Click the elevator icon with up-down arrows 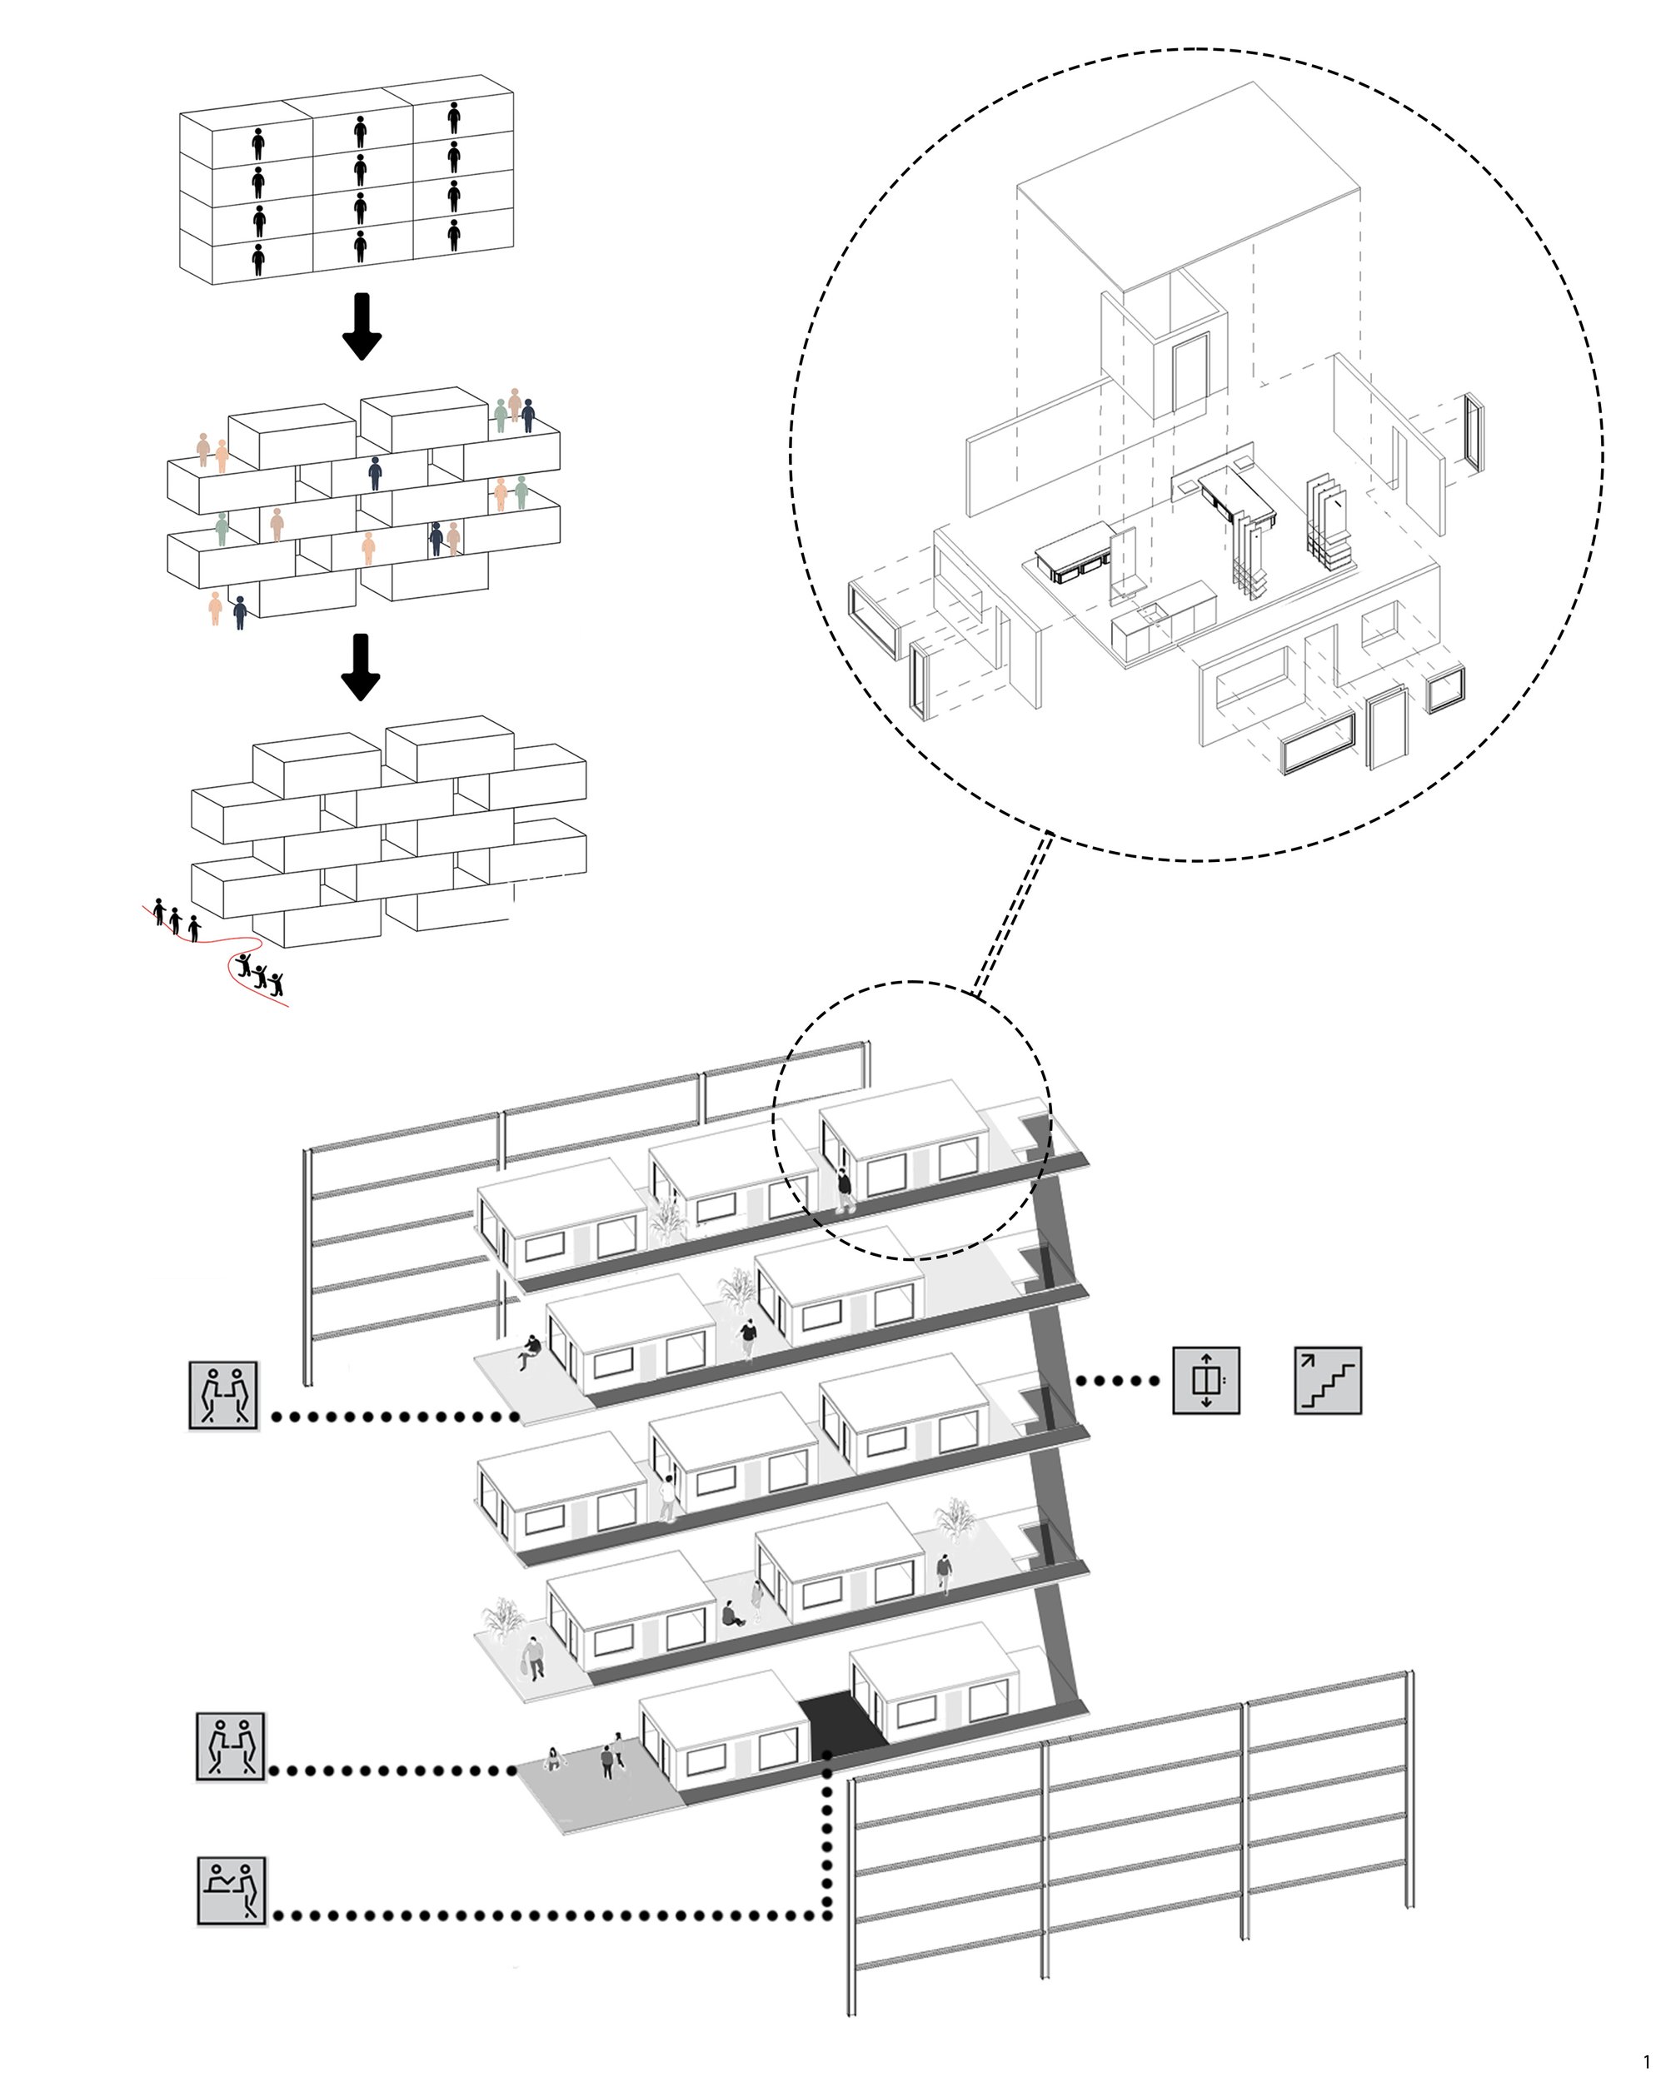pos(1205,1380)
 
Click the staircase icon pos(1327,1380)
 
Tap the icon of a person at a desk pos(231,1890)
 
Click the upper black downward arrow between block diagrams pos(362,327)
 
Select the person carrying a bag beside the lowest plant pos(534,1657)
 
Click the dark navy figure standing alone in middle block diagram pos(375,473)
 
